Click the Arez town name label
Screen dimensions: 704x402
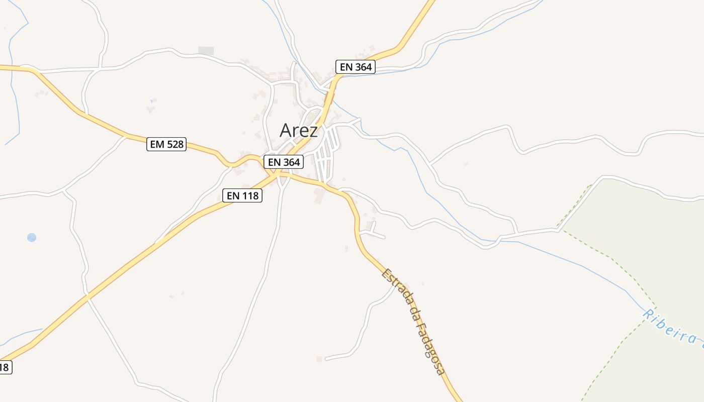pyautogui.click(x=299, y=131)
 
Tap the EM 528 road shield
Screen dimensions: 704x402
pyautogui.click(x=166, y=144)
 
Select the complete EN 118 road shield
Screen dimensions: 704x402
pyautogui.click(x=242, y=195)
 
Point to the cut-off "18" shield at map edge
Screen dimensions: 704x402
pyautogui.click(x=4, y=367)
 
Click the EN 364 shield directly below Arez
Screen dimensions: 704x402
pyautogui.click(x=284, y=162)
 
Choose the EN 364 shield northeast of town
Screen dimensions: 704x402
pyautogui.click(x=356, y=66)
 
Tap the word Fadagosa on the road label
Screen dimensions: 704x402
pyautogui.click(x=426, y=342)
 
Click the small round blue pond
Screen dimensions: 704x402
pyautogui.click(x=32, y=237)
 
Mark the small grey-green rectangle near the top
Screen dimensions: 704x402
pyautogui.click(x=206, y=51)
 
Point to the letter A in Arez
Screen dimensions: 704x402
pyautogui.click(x=286, y=131)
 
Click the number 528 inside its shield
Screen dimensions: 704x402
pyautogui.click(x=174, y=144)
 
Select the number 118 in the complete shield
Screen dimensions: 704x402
pyautogui.click(x=250, y=195)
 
